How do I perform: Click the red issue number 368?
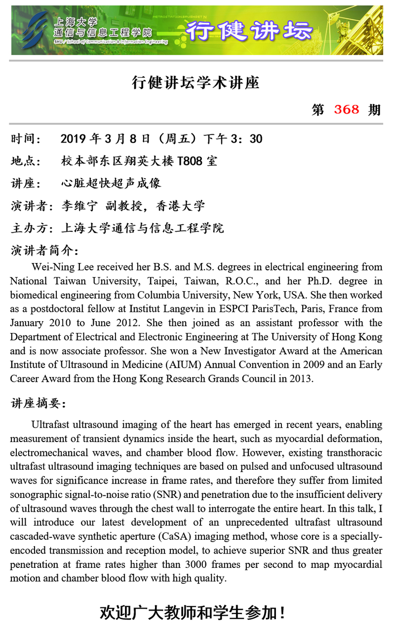pos(347,109)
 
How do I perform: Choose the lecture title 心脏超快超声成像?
pos(111,183)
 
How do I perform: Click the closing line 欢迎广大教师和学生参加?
pos(192,613)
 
